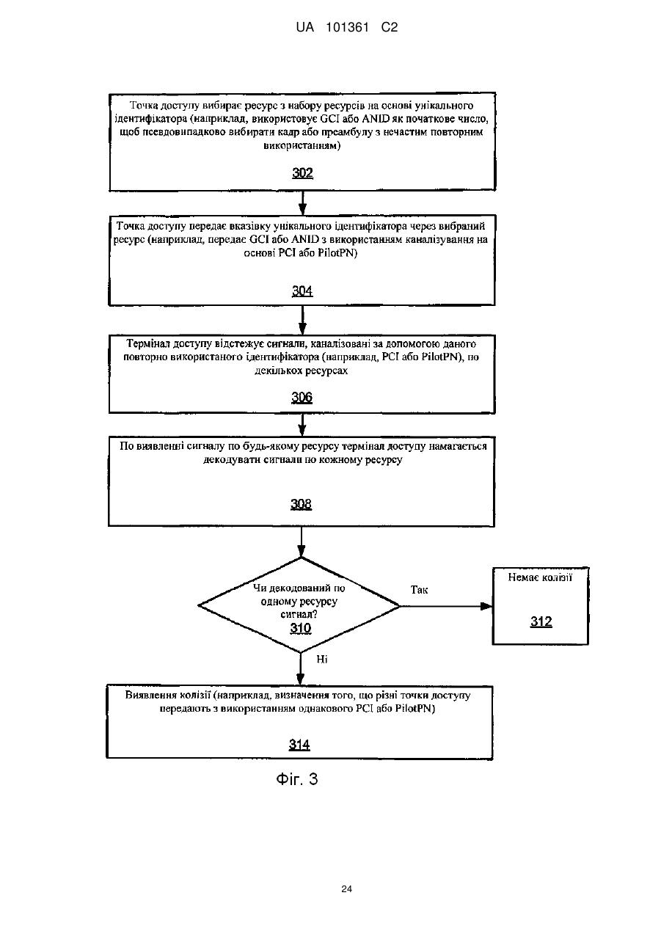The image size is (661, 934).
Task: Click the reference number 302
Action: pos(302,173)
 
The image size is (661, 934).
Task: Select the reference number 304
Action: pos(302,291)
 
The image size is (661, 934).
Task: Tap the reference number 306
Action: pos(302,398)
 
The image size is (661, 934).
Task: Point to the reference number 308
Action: pos(301,504)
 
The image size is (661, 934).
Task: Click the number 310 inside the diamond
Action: pos(301,628)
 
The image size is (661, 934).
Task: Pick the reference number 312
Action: pos(541,621)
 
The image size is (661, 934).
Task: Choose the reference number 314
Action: pos(299,744)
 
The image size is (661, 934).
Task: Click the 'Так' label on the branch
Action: pos(419,590)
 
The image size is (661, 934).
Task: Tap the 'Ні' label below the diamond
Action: pos(322,659)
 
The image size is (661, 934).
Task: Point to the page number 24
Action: pos(346,889)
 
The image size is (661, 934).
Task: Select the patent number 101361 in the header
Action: pos(348,27)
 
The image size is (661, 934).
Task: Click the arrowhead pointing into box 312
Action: pos(486,606)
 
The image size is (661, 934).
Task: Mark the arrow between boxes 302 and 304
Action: pos(303,203)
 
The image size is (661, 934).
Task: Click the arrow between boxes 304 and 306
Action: pos(303,320)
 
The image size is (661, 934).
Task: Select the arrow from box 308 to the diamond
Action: pos(301,542)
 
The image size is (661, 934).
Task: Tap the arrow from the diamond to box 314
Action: pos(300,669)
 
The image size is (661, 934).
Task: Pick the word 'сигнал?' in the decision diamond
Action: pos(299,614)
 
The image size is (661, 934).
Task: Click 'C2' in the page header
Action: pos(390,27)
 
